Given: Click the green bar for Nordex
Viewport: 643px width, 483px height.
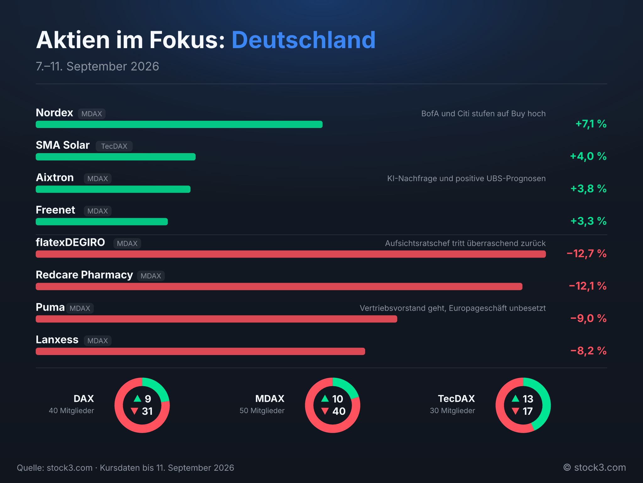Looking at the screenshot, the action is coord(179,125).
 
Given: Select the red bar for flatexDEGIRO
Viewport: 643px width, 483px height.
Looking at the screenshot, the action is coord(291,254).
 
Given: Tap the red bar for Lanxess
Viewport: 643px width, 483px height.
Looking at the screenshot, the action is coord(200,351).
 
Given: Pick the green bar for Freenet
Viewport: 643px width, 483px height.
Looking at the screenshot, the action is coord(102,222).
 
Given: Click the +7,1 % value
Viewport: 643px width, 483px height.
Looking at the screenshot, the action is coord(591,124).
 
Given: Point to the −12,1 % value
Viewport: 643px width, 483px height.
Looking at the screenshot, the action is coord(588,286).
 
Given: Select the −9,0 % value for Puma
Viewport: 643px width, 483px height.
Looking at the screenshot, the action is coord(588,318).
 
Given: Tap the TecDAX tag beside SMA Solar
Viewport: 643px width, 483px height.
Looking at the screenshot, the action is coord(114,146).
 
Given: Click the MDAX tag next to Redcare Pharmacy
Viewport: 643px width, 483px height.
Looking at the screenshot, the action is coord(151,276).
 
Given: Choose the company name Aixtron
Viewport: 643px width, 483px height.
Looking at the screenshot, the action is coord(55,177).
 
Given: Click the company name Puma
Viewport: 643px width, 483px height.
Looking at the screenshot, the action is coord(50,307).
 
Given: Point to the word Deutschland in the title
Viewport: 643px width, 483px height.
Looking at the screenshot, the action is coord(304,40).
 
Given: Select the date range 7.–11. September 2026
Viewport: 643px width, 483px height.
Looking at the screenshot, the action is coord(97,66).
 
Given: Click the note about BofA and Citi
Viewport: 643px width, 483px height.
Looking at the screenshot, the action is coord(484,114).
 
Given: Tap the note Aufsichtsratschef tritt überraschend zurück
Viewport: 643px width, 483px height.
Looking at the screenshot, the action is coord(465,243).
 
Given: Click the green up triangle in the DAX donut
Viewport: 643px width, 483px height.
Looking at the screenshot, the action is coord(138,398).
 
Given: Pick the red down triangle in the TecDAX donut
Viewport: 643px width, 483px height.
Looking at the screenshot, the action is coord(515,411).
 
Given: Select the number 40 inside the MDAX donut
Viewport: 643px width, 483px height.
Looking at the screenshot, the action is coord(339,411).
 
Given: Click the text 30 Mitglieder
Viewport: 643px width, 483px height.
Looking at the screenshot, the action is coord(452,411).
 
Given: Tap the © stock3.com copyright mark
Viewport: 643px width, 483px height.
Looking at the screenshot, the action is coord(595,468).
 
